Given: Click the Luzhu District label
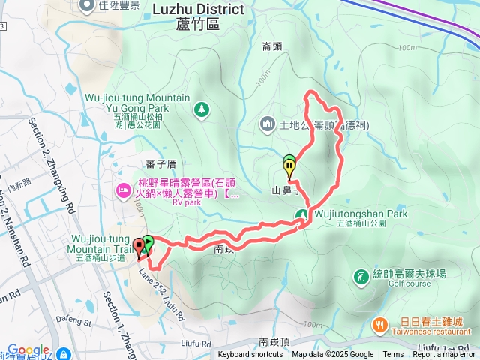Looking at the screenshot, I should [x=198, y=10].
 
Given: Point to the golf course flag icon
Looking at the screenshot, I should [x=361, y=277].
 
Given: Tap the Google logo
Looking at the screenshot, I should [x=28, y=350].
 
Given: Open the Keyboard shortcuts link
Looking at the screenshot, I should [x=250, y=355].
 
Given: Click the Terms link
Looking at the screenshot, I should [x=393, y=355].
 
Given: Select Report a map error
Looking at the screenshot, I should [x=444, y=355].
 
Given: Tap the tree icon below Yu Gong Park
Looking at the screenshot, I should [x=201, y=111].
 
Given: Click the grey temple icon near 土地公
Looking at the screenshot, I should [x=268, y=123].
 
